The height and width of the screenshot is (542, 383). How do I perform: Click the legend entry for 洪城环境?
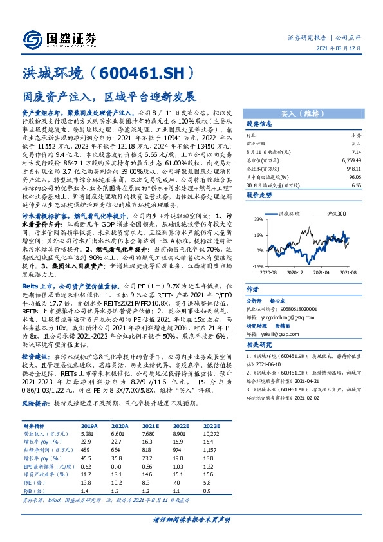[290, 212]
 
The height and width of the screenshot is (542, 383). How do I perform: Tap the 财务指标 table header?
[35, 426]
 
